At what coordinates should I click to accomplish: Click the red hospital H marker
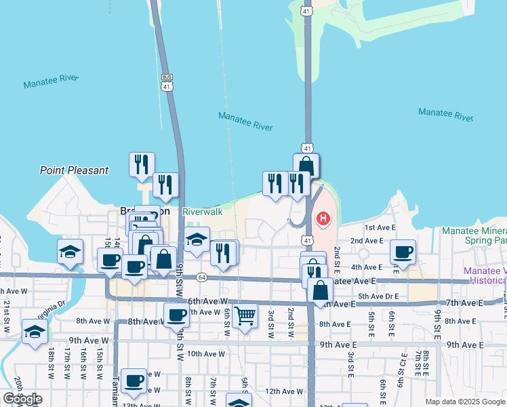coord(323,218)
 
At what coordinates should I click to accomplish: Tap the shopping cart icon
coord(244,315)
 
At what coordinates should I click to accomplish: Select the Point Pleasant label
coord(74,170)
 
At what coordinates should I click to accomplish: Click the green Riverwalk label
coord(203,212)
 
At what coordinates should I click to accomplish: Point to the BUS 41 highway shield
coord(167,82)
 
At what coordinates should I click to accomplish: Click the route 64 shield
coord(201,277)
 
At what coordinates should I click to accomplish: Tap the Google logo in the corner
coord(22,399)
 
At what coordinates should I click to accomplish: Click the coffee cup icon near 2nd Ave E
coord(405,252)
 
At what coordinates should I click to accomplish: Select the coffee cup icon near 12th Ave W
coord(134,381)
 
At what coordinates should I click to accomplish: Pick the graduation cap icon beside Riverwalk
coord(197,239)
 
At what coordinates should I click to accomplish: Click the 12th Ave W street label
coord(283,391)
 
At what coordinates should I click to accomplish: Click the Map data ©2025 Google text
coord(464,402)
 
